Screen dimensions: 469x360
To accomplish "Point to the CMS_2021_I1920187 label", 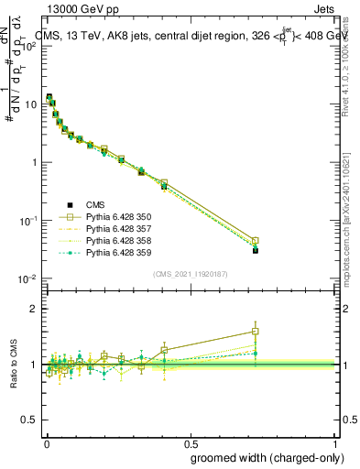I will [x=191, y=274].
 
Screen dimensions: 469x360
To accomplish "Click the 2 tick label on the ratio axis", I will [x=34, y=309].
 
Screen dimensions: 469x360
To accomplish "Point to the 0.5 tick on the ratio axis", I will [x=30, y=420].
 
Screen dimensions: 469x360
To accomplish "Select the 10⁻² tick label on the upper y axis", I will [x=27, y=278].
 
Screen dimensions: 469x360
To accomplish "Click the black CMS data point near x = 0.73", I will [x=256, y=250].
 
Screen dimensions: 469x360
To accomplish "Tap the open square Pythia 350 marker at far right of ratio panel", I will [x=256, y=332].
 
